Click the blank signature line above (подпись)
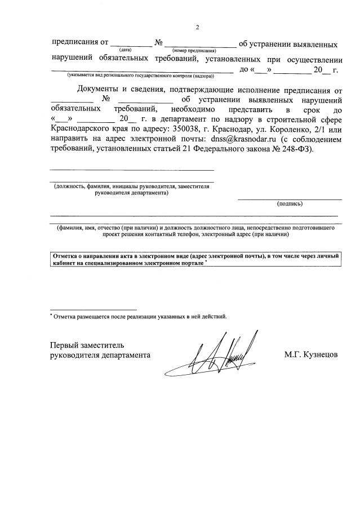(290, 199)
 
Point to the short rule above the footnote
(93, 309)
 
